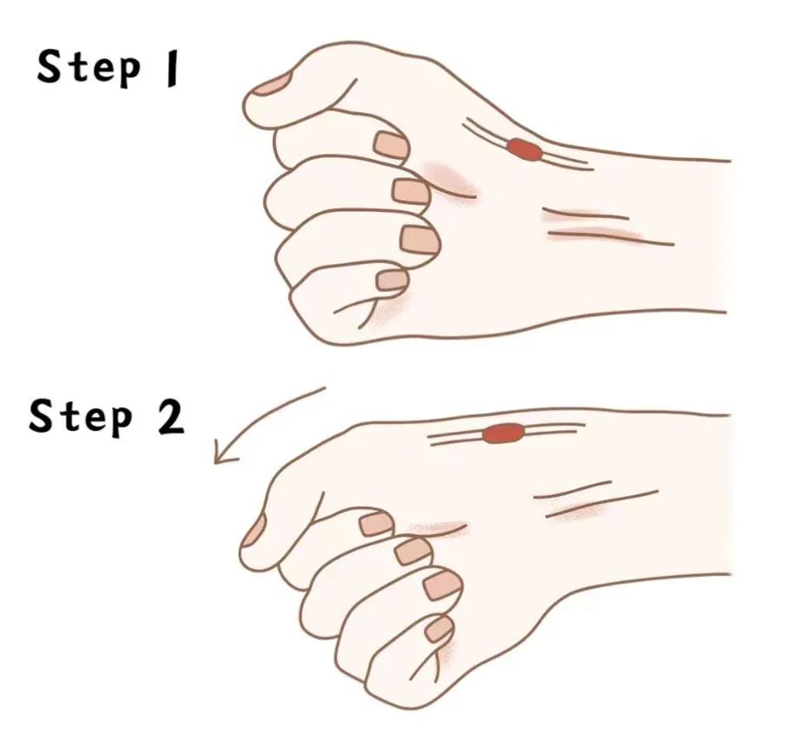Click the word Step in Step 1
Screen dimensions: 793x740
point(89,68)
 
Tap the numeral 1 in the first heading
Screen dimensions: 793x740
point(172,69)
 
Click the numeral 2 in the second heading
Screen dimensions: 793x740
point(170,417)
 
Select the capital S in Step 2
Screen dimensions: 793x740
point(41,415)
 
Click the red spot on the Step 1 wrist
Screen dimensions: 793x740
point(525,149)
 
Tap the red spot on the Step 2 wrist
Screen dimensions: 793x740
point(503,433)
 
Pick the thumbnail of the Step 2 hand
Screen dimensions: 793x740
point(254,530)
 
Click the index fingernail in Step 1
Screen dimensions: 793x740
point(391,145)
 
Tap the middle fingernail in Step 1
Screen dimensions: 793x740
point(412,191)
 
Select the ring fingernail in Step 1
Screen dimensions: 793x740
point(420,239)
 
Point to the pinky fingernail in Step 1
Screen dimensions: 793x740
point(393,280)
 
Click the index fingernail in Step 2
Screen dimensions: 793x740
point(377,524)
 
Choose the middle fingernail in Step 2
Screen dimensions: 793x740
point(413,551)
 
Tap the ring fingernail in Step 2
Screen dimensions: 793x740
point(443,586)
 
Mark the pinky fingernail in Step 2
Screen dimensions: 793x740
point(439,629)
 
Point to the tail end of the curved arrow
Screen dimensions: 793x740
point(325,388)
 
